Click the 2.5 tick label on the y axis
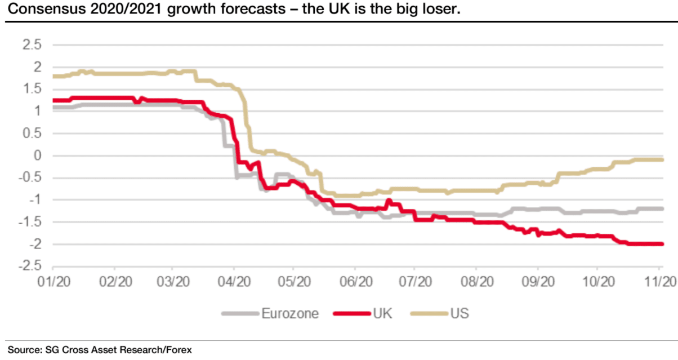pyautogui.click(x=32, y=45)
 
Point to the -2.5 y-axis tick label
pyautogui.click(x=29, y=266)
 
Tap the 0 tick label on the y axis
pyautogui.click(x=38, y=156)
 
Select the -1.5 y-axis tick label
pyautogui.click(x=29, y=223)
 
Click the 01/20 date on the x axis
pyautogui.click(x=54, y=281)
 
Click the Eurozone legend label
pyautogui.click(x=289, y=313)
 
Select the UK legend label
pyautogui.click(x=381, y=313)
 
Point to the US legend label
pyautogui.click(x=460, y=313)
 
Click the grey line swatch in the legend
pyautogui.click(x=240, y=313)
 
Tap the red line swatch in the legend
pyautogui.click(x=352, y=313)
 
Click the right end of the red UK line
pyautogui.click(x=662, y=244)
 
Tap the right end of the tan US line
pyautogui.click(x=662, y=160)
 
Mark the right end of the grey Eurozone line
pyautogui.click(x=662, y=208)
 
